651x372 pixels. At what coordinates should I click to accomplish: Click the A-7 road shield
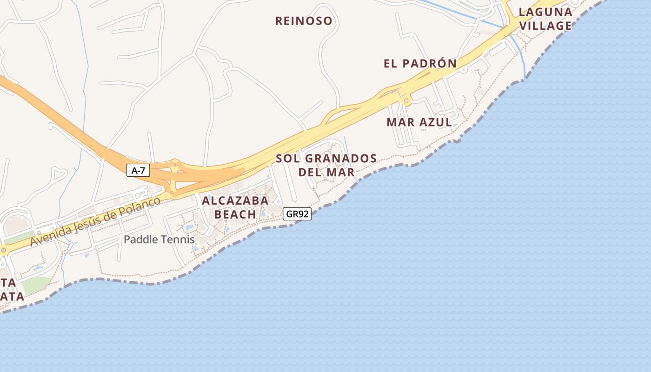pyautogui.click(x=138, y=170)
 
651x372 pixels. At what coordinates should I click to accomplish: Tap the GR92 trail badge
pyautogui.click(x=297, y=214)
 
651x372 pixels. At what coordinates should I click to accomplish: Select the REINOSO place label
pyautogui.click(x=304, y=21)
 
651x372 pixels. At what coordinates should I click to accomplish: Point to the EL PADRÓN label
pyautogui.click(x=420, y=64)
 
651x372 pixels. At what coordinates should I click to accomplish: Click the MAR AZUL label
pyautogui.click(x=419, y=122)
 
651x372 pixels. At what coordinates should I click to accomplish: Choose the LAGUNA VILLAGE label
pyautogui.click(x=545, y=19)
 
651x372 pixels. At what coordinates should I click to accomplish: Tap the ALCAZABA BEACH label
pyautogui.click(x=235, y=207)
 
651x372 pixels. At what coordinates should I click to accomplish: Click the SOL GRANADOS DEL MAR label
pyautogui.click(x=326, y=165)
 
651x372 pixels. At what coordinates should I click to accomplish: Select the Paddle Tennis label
pyautogui.click(x=159, y=240)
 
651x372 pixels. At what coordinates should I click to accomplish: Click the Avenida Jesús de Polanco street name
pyautogui.click(x=95, y=221)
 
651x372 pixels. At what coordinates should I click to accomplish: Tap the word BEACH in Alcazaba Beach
pyautogui.click(x=235, y=214)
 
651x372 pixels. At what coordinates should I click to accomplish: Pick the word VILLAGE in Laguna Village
pyautogui.click(x=545, y=26)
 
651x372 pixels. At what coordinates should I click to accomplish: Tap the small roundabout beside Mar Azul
pyautogui.click(x=406, y=100)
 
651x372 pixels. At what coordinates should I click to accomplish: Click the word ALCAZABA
pyautogui.click(x=235, y=201)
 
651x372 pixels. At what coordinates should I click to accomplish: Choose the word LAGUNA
pyautogui.click(x=545, y=12)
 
